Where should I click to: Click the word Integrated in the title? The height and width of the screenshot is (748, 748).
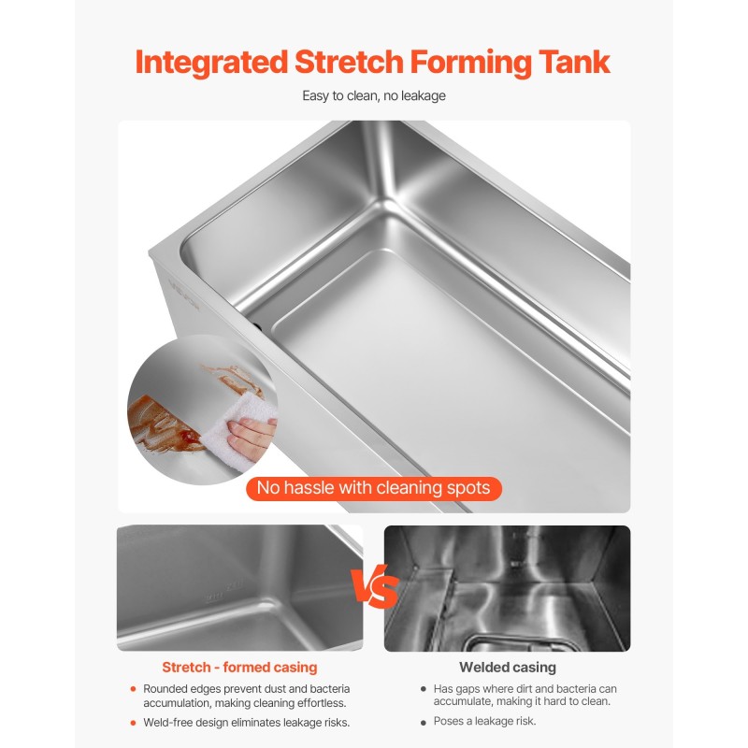tap(211, 63)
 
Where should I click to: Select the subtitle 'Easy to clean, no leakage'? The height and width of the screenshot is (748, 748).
tap(374, 96)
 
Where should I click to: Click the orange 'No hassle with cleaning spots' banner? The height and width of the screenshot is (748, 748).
tap(374, 488)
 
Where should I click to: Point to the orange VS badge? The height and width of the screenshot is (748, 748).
tap(375, 587)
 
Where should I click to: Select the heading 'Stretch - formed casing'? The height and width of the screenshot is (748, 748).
tap(239, 667)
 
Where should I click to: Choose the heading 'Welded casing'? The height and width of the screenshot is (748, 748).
tap(508, 667)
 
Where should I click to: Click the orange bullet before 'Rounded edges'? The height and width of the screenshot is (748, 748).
tap(133, 689)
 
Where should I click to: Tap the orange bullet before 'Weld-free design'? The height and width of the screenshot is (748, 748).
tap(133, 723)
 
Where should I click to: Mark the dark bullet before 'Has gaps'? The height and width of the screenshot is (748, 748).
tap(424, 689)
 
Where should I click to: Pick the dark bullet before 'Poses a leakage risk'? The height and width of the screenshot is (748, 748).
tap(424, 723)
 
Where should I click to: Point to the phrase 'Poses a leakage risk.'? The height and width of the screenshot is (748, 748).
tap(484, 721)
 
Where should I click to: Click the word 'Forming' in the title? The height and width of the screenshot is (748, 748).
tap(470, 63)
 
